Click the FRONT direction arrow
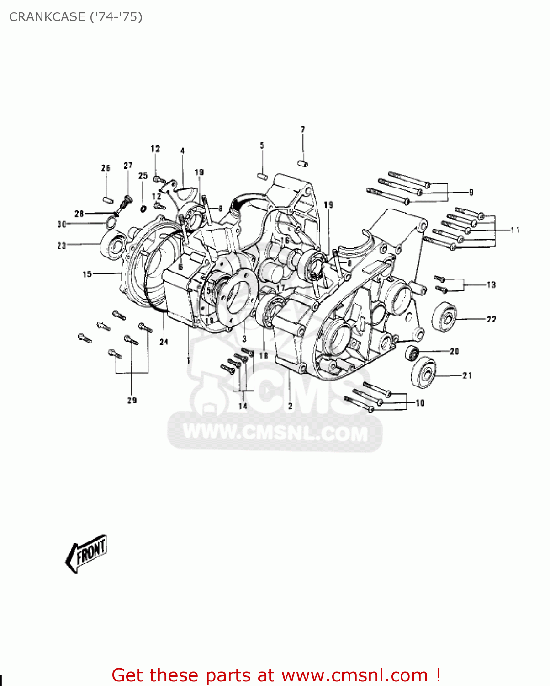click(87, 553)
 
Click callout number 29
click(132, 400)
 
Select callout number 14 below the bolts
click(243, 406)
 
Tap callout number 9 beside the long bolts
click(471, 193)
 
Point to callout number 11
click(515, 230)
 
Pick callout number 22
click(491, 319)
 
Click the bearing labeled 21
click(424, 373)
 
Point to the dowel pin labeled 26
click(107, 199)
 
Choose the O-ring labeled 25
click(143, 209)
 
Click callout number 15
click(87, 274)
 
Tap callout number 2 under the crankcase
click(290, 406)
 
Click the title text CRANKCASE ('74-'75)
click(76, 17)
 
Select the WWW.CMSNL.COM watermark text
click(275, 433)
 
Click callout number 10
click(420, 403)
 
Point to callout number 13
click(491, 285)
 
